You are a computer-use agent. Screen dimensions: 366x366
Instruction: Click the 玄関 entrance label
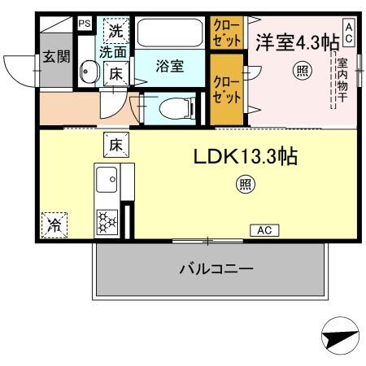point(54,58)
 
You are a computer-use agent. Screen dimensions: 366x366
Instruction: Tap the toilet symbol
point(172,107)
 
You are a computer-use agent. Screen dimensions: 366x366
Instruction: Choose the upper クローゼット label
point(227,33)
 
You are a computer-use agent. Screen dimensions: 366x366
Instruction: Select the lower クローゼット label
point(227,89)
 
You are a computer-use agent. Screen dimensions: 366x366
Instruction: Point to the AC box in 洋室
point(348,32)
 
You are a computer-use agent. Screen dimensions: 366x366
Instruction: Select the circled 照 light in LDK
point(245,185)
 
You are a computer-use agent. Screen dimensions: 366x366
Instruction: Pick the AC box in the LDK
point(264,230)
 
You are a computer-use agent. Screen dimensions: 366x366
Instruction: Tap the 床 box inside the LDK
point(115,146)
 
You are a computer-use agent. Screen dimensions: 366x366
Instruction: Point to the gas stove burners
point(107,220)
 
